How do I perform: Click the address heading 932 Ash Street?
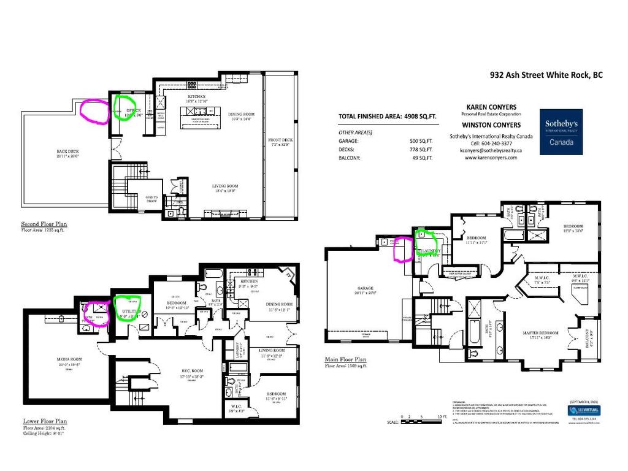coord(546,75)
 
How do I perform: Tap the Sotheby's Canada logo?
coord(561,132)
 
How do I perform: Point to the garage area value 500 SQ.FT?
coord(421,141)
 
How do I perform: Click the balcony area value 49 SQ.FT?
coord(422,158)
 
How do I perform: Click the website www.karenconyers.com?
coord(491,158)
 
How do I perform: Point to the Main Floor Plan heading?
coord(345,360)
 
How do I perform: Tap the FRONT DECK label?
coord(280,140)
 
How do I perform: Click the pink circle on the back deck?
coord(93,112)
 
